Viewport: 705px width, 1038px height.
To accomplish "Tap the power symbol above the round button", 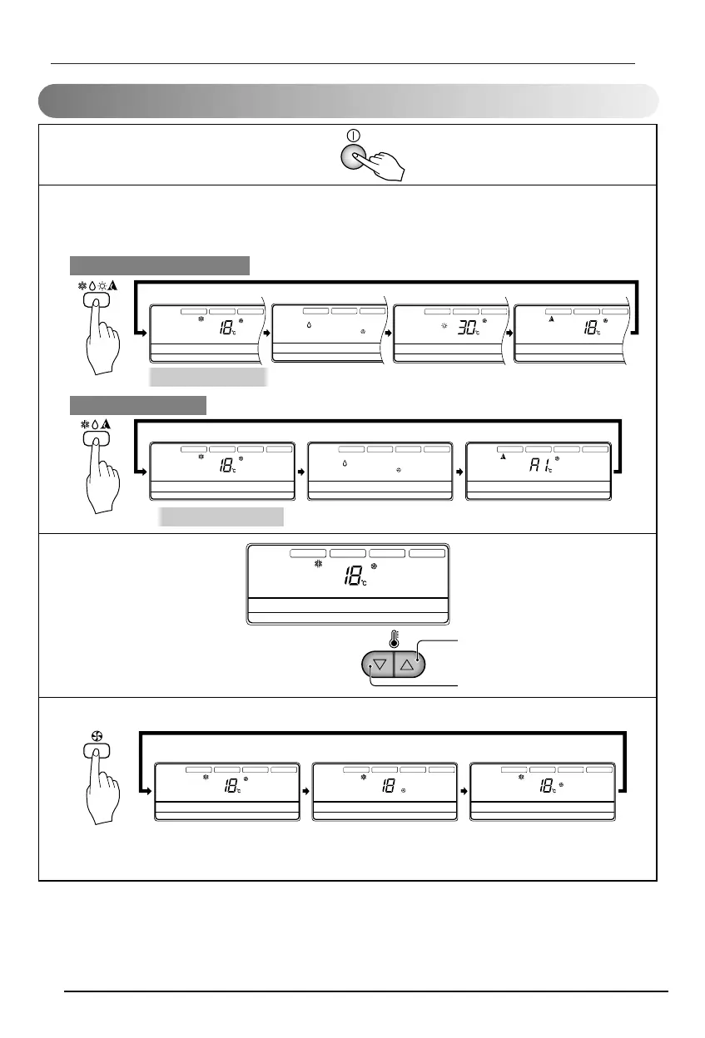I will coord(353,135).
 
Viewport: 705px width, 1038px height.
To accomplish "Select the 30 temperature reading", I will coord(467,329).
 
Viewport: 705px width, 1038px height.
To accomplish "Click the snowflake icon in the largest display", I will coord(318,564).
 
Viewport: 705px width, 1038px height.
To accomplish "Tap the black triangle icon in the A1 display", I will coord(503,457).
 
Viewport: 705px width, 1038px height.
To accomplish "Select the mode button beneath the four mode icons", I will coord(97,303).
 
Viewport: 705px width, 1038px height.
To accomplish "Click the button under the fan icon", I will coord(97,751).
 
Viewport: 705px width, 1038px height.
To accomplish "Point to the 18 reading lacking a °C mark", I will coord(388,786).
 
